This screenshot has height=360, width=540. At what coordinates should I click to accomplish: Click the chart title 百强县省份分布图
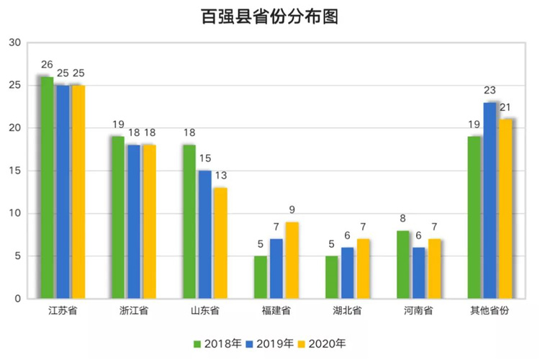point(269,17)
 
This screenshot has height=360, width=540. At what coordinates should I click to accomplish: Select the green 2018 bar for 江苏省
point(47,187)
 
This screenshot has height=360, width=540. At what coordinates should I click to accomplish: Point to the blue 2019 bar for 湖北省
point(348,274)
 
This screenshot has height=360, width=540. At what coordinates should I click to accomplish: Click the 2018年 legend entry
point(217,343)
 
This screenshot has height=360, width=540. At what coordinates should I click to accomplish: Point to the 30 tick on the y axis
point(15,42)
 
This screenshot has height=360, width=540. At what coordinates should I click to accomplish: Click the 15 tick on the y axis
point(15,171)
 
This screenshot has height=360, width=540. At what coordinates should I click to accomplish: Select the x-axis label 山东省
point(204,310)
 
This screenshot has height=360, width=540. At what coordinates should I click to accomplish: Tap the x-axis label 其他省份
point(490,310)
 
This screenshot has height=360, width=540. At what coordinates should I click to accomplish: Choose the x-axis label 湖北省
point(348,310)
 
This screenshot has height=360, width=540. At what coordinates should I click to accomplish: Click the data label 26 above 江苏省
point(47,65)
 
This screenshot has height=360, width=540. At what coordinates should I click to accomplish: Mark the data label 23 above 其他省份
point(490,91)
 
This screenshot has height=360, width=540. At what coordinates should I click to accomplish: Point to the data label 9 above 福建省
point(292,210)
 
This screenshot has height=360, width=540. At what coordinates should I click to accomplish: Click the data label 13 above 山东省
point(220,176)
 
